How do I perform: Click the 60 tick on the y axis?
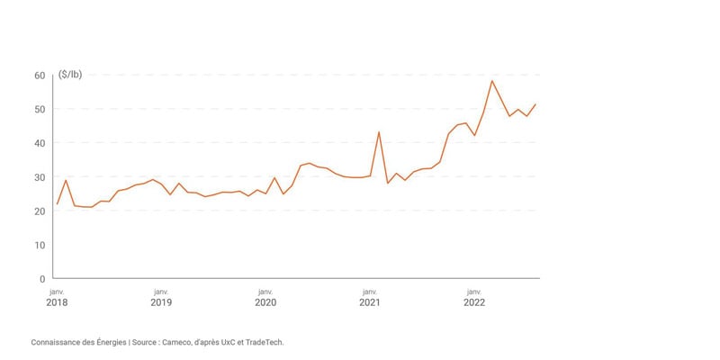point(39,76)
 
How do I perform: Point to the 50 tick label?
point(39,110)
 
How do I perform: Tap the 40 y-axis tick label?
point(39,143)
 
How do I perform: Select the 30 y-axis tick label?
point(39,177)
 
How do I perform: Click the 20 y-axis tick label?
point(39,211)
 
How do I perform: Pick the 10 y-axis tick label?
point(39,245)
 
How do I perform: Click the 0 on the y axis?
point(41,279)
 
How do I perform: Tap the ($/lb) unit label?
point(72,75)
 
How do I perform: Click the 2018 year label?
point(57,302)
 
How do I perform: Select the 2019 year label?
point(161,302)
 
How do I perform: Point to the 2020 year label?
point(265,302)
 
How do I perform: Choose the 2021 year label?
point(370,302)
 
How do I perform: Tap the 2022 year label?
point(474,302)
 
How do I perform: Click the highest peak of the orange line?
point(492,81)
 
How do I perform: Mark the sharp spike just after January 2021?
point(379,132)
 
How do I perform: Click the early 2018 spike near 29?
point(66,180)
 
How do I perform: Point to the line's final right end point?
point(535,104)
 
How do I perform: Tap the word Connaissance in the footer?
point(57,342)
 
